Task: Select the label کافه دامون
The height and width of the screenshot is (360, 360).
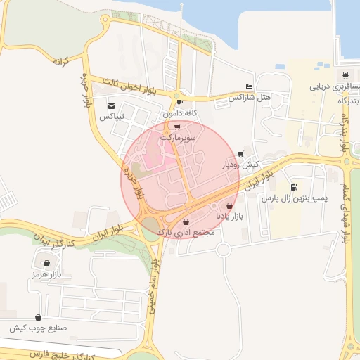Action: click(x=180, y=112)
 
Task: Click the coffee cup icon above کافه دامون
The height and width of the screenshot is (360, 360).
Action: click(x=180, y=103)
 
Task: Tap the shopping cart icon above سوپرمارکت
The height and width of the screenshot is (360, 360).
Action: click(x=176, y=127)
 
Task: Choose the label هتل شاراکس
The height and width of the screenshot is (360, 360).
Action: click(x=249, y=97)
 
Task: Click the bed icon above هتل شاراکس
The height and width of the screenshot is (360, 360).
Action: click(x=250, y=86)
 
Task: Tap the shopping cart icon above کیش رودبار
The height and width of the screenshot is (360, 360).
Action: click(x=241, y=153)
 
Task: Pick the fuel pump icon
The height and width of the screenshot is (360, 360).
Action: click(x=293, y=188)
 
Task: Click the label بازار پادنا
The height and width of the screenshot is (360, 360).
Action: click(x=229, y=217)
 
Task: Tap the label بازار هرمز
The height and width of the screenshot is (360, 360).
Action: click(x=46, y=274)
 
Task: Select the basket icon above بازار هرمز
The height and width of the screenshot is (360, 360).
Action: click(x=46, y=264)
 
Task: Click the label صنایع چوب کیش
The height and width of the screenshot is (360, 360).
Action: click(x=37, y=328)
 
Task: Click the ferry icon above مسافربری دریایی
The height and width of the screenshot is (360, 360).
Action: click(x=344, y=75)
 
